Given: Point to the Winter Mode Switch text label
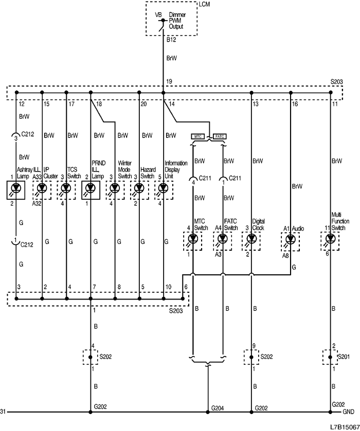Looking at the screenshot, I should click(124, 169).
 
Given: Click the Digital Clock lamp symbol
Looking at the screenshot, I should click(251, 239).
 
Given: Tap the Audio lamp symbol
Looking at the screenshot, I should click(290, 239).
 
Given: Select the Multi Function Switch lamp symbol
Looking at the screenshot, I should click(330, 239).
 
